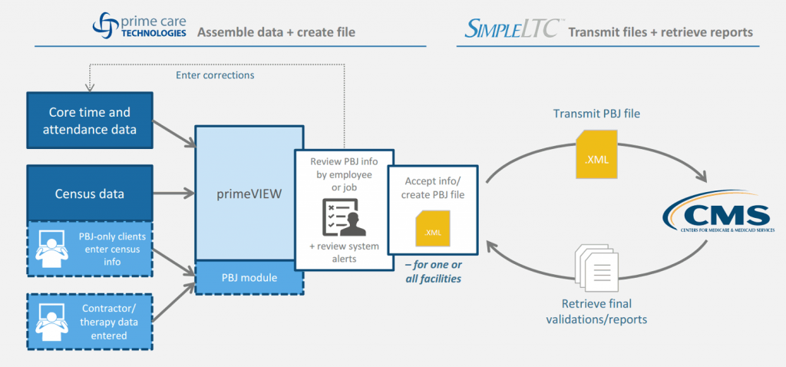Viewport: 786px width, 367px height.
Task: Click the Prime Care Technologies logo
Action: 138,26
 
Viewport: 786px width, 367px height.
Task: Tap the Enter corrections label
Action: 215,75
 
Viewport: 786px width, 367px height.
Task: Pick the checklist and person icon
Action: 344,217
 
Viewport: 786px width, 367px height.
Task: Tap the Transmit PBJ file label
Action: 596,112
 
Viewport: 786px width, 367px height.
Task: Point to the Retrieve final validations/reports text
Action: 596,312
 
